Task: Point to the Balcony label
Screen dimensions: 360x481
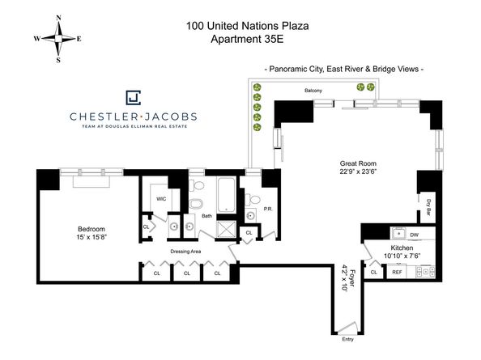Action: pos(313,91)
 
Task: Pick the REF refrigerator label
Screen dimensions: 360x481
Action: pos(397,273)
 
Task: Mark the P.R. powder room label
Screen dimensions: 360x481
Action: pos(267,209)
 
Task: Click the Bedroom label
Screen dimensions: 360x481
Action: pos(91,228)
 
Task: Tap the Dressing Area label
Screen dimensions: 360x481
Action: pos(185,252)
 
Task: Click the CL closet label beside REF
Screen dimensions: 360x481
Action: pos(373,273)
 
